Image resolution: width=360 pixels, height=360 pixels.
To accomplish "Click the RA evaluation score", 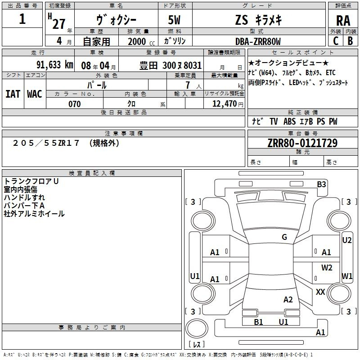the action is (x=343, y=21).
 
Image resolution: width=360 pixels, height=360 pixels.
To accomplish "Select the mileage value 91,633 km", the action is (x=55, y=65).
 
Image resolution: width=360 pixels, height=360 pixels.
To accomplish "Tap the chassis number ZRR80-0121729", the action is (x=302, y=143).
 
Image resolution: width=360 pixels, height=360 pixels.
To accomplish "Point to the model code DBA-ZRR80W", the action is (x=258, y=41).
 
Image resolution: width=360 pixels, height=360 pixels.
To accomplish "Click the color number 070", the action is (x=75, y=104).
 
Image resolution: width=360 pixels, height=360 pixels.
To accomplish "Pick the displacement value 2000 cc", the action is (x=141, y=41).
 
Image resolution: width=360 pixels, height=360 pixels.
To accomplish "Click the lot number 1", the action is (x=22, y=19).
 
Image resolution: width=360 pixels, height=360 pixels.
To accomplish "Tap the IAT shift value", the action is (x=13, y=94).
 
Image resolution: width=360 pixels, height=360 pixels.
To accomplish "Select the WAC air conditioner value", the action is (x=35, y=94).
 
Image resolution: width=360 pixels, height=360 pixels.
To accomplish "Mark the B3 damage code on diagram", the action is (x=321, y=184).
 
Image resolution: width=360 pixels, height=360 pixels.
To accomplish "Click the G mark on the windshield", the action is (x=284, y=237).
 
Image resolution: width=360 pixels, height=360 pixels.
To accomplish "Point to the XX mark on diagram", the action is (x=320, y=292).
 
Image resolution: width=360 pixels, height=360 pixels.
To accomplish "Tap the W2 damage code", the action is (x=327, y=268).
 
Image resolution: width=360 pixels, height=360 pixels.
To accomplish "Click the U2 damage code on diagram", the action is (x=346, y=240).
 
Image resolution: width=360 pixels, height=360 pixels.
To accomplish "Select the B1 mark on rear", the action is (x=258, y=322).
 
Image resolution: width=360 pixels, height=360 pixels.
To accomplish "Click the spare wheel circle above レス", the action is (x=197, y=328).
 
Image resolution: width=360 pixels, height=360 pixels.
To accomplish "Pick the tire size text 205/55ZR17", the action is (x=46, y=143).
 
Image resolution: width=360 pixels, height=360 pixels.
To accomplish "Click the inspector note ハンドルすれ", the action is (x=24, y=198).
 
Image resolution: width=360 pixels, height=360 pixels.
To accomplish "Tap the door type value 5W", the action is (x=174, y=20).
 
